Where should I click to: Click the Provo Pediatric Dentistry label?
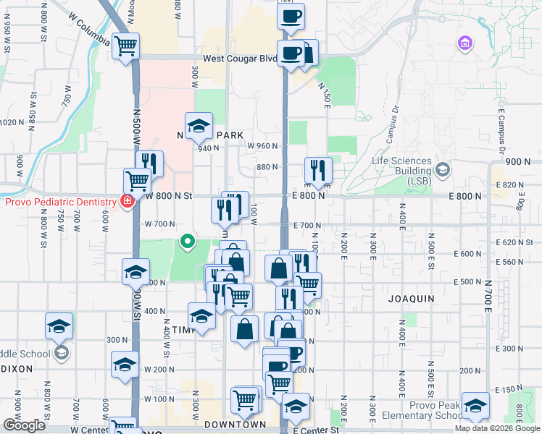click(60, 201)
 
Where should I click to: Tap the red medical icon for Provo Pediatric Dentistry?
click(127, 201)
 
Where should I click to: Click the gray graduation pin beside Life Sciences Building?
click(443, 170)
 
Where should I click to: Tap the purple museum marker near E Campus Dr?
click(464, 43)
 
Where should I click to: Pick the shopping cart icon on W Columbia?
click(128, 46)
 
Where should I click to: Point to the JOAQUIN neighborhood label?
click(411, 298)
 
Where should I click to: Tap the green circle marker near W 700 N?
click(188, 241)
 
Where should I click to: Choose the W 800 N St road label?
click(167, 195)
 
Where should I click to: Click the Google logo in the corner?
click(24, 425)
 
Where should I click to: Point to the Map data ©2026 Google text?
click(497, 428)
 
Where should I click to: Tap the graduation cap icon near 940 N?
click(198, 126)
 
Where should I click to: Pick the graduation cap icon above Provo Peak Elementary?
click(475, 405)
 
